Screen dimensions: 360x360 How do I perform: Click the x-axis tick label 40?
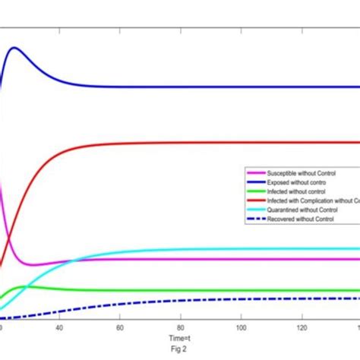click(x=59, y=327)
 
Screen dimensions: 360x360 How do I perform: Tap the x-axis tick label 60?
click(x=120, y=327)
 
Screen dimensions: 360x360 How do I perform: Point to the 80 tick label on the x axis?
click(x=181, y=327)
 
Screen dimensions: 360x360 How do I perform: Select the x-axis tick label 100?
click(x=241, y=327)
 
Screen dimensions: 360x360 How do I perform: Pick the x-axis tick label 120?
click(x=302, y=327)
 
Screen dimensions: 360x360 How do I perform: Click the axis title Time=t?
click(x=179, y=338)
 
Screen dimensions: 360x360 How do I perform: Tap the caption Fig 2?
click(x=179, y=349)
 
